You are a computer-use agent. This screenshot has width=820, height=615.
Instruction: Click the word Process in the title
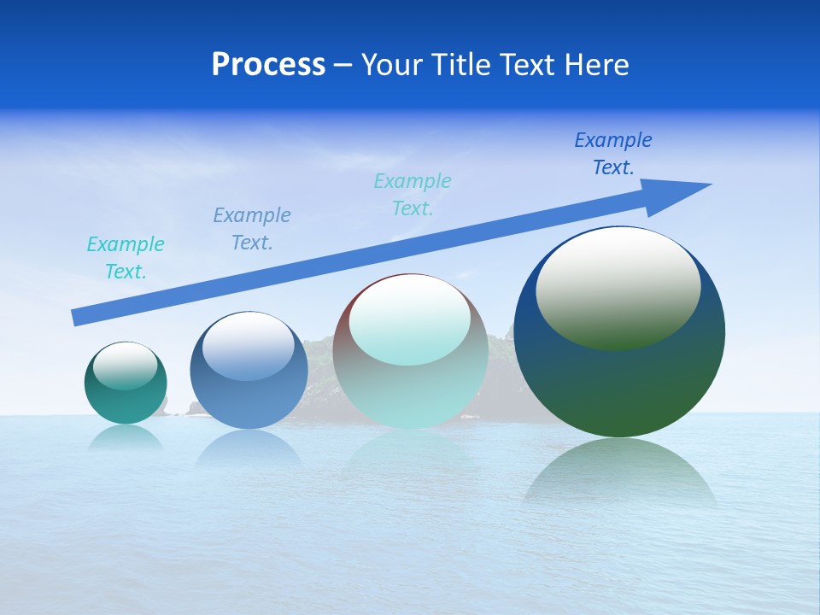tap(268, 65)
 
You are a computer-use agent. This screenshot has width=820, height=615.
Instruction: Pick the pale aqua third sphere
tap(410, 393)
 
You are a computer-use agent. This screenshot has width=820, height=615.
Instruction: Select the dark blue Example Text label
tap(613, 154)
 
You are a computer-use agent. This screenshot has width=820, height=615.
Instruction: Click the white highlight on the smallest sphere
tap(125, 365)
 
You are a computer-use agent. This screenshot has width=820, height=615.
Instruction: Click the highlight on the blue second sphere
tap(248, 345)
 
